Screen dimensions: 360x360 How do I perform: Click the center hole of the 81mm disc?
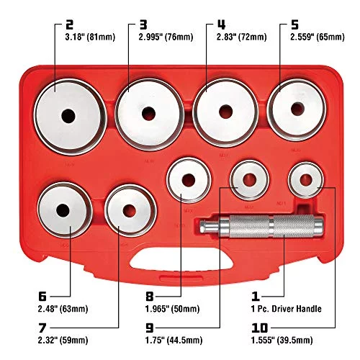click(68, 116)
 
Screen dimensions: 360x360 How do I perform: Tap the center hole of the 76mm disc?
click(148, 114)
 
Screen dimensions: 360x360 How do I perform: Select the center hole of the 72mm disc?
click(226, 112)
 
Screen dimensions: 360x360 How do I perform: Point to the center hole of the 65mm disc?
click(297, 109)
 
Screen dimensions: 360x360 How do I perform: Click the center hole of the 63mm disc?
click(63, 210)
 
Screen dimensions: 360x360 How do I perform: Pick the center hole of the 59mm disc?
click(130, 211)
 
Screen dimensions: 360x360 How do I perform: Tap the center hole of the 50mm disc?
click(189, 180)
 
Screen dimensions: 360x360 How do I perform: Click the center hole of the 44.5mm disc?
click(249, 180)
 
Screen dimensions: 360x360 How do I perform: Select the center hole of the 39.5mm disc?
click(306, 180)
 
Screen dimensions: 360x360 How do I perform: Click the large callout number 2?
click(69, 24)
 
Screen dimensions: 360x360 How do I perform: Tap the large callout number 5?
click(294, 24)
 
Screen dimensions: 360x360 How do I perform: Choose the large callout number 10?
click(260, 328)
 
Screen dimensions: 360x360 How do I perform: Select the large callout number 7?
click(42, 328)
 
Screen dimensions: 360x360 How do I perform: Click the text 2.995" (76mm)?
click(166, 37)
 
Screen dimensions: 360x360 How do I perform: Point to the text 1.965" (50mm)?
click(173, 309)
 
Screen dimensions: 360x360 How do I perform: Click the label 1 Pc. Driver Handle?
click(287, 309)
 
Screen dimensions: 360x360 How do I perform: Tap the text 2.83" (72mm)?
click(242, 37)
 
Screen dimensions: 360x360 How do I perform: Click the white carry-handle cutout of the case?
click(181, 261)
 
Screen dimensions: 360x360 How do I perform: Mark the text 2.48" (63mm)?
click(63, 309)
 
